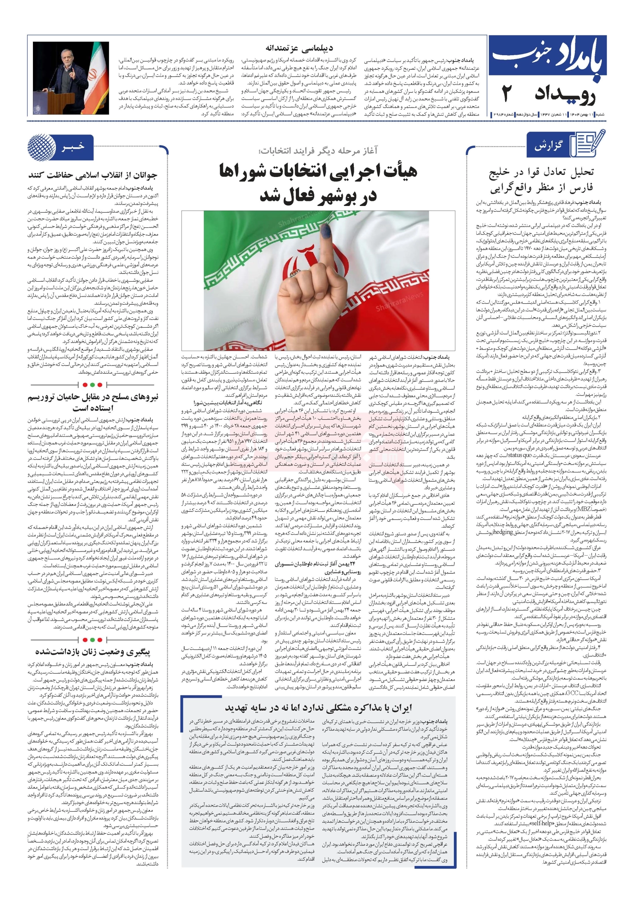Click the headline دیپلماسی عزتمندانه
point(299,48)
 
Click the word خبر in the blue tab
point(73,147)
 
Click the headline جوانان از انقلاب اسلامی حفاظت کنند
point(93,175)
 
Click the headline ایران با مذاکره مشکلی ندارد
point(318,707)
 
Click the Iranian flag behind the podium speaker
point(96,71)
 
